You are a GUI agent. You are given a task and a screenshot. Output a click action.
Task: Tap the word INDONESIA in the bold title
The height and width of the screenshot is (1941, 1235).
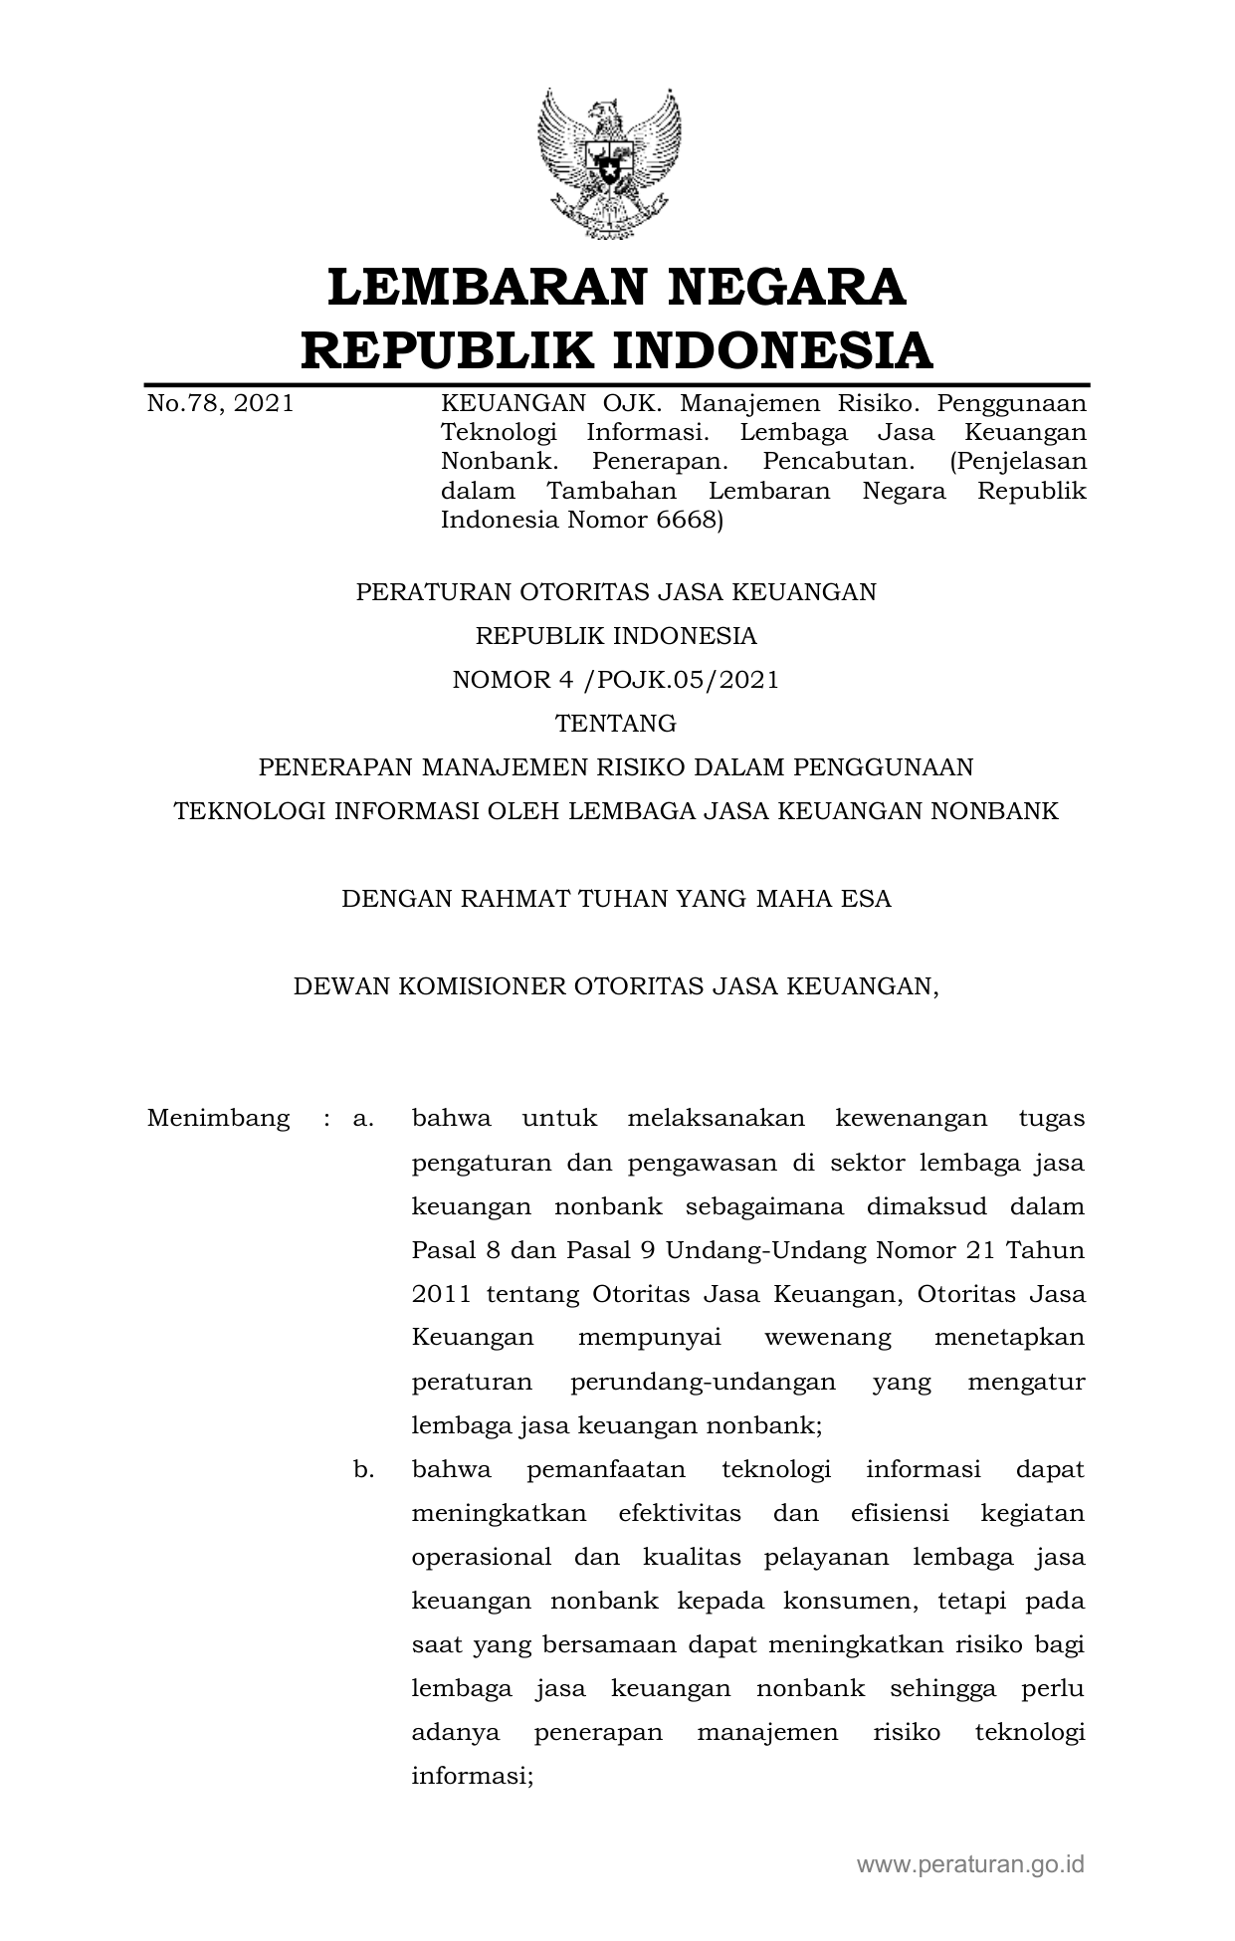click(x=771, y=350)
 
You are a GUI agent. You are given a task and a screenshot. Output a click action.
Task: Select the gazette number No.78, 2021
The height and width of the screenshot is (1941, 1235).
click(x=220, y=404)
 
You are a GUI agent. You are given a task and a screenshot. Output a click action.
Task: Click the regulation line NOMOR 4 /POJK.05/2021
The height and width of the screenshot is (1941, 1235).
click(x=616, y=680)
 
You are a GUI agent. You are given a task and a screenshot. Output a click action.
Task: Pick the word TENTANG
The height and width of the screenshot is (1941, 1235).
click(x=616, y=724)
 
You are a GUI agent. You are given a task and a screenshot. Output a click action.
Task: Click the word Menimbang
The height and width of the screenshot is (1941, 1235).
click(x=218, y=1118)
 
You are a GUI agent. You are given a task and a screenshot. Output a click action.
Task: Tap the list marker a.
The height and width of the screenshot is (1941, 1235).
click(x=363, y=1118)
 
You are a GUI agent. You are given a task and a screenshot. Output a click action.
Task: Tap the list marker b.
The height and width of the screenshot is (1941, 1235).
click(x=363, y=1469)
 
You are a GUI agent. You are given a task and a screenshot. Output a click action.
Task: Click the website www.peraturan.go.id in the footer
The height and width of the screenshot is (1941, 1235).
click(x=970, y=1864)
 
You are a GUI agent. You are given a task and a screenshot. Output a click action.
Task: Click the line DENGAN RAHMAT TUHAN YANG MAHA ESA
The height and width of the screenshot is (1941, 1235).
click(x=616, y=900)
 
